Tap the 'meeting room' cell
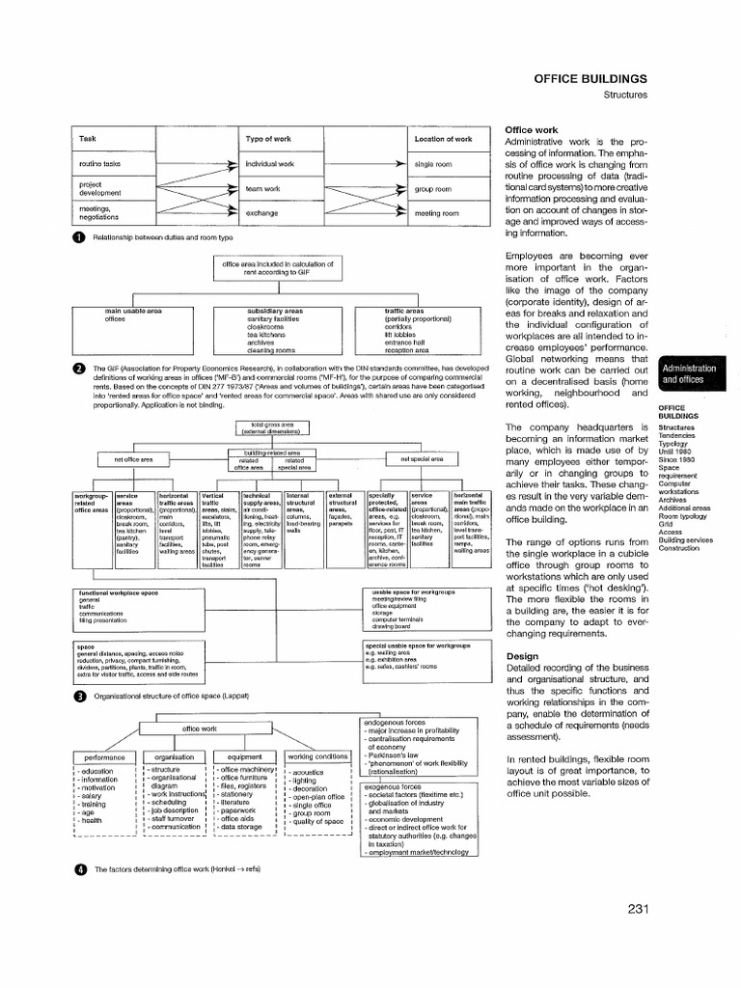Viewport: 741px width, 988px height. pos(432,212)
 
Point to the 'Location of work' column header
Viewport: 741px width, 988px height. pos(443,140)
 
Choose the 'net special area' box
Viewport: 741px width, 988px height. pos(422,459)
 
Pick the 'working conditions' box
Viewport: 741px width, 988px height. pos(316,756)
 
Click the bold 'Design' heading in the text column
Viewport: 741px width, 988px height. pos(521,655)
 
